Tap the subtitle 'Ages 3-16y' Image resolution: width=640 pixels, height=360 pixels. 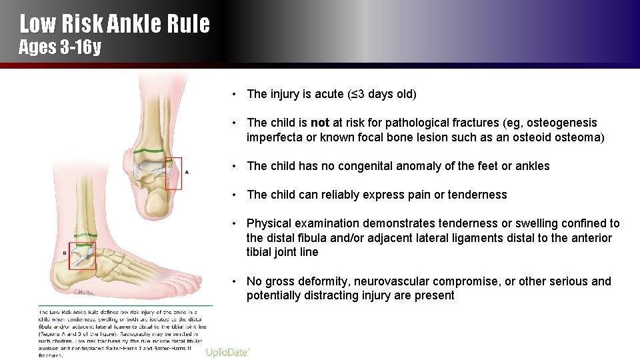59,48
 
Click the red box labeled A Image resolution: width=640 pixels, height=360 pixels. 173,173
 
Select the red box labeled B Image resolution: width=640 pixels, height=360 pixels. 83,256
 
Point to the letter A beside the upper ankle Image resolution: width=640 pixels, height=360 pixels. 187,172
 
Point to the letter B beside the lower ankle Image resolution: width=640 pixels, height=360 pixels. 64,253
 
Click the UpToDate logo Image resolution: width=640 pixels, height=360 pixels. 227,352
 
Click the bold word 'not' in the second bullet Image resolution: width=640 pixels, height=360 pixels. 320,123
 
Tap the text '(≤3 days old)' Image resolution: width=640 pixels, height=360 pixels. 382,94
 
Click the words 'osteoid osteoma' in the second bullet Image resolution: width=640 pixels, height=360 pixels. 562,137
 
